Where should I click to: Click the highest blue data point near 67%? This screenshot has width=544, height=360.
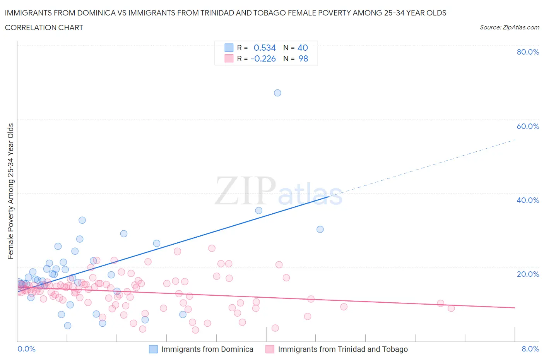(x=277, y=93)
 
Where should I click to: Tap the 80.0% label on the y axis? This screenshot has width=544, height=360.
(x=528, y=52)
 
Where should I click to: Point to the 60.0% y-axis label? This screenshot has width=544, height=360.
(x=528, y=126)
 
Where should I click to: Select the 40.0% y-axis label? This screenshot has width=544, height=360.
(x=528, y=200)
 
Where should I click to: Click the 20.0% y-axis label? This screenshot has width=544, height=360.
(x=528, y=274)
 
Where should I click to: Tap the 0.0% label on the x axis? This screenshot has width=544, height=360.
(x=26, y=349)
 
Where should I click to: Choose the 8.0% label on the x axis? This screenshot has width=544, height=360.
(x=530, y=349)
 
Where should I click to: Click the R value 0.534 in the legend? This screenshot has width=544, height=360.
(x=265, y=48)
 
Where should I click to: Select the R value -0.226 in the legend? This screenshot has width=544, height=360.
(x=263, y=58)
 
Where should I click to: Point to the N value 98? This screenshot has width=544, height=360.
(x=303, y=58)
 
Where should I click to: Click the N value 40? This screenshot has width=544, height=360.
(x=303, y=48)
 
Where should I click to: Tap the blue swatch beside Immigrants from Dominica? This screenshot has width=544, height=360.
(x=153, y=349)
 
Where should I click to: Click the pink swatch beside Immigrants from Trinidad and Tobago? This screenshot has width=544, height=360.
(x=270, y=349)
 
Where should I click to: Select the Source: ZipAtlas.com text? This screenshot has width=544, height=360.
(x=509, y=27)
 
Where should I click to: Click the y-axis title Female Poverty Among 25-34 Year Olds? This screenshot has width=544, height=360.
(x=10, y=191)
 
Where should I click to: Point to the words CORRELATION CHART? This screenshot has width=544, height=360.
(x=44, y=27)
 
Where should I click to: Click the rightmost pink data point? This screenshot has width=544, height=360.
(x=451, y=308)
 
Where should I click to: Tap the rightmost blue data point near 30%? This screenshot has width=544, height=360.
(x=320, y=229)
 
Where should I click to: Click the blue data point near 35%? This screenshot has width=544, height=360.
(x=259, y=211)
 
